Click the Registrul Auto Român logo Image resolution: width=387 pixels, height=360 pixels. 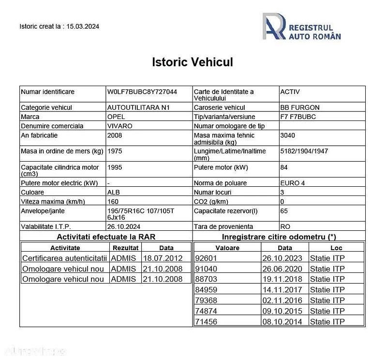click(302, 27)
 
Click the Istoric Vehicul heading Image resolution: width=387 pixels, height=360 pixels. click(193, 62)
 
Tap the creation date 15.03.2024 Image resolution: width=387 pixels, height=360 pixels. click(83, 27)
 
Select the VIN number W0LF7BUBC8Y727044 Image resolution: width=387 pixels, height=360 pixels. click(142, 91)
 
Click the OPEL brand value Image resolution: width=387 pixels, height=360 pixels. click(116, 117)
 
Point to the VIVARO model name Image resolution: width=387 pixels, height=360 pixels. click(119, 126)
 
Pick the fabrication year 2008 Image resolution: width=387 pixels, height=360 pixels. click(115, 135)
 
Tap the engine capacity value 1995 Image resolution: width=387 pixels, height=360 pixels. click(115, 167)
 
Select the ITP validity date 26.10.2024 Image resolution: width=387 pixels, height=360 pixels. click(123, 226)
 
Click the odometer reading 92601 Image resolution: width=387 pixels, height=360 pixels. click(207, 258)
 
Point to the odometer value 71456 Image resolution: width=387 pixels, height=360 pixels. click(207, 321)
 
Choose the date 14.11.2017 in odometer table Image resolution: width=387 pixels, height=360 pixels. click(283, 290)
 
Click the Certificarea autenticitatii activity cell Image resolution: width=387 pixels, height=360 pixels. click(64, 258)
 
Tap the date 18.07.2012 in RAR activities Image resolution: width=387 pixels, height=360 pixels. click(163, 258)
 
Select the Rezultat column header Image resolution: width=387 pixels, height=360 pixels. click(126, 248)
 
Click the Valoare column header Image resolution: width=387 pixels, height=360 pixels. click(227, 248)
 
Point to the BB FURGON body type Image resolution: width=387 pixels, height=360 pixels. click(299, 107)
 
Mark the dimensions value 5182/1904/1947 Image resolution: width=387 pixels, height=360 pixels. click(304, 151)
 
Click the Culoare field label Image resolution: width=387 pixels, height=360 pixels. click(32, 192)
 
